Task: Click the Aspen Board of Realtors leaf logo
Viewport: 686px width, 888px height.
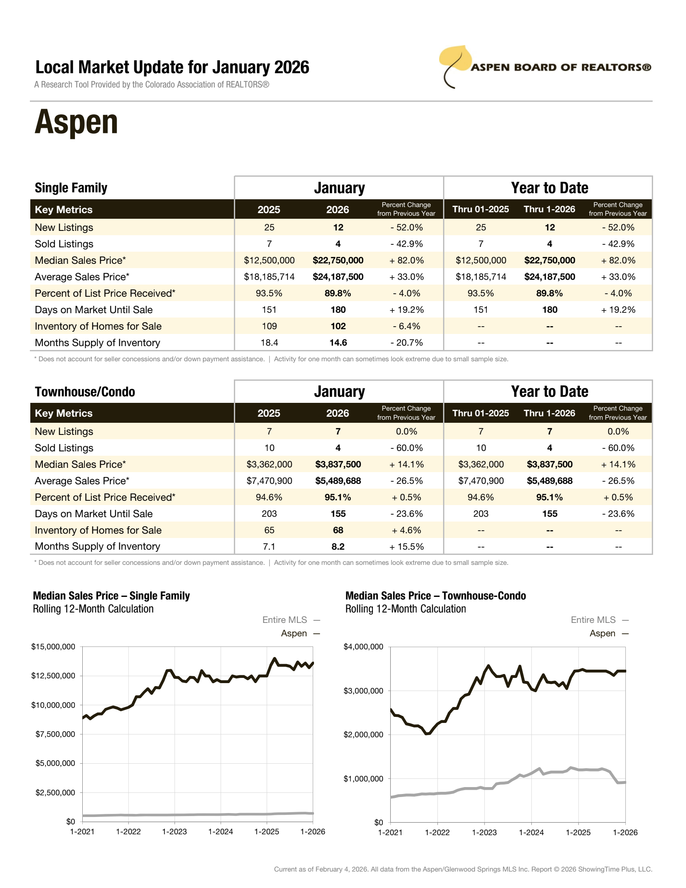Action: (x=455, y=65)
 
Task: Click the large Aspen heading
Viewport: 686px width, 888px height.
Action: (x=76, y=123)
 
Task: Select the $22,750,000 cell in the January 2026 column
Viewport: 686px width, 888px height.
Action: (x=338, y=260)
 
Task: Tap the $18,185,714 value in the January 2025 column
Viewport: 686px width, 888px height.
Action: (x=269, y=277)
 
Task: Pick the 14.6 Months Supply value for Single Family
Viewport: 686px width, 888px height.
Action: (x=338, y=343)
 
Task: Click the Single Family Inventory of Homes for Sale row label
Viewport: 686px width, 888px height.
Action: (x=98, y=326)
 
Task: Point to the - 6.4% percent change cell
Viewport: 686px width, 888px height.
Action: (x=406, y=326)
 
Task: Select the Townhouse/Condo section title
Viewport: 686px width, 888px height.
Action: (x=85, y=392)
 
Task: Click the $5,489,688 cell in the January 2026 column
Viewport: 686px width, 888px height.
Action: (x=338, y=481)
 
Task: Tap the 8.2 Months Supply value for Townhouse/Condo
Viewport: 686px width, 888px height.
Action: (x=338, y=547)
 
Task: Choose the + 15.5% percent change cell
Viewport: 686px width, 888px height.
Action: (x=406, y=547)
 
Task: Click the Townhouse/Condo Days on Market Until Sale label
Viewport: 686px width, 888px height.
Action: (x=94, y=514)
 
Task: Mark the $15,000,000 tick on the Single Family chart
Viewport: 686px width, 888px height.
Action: (x=53, y=647)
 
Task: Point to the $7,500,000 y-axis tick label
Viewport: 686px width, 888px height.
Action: (x=55, y=734)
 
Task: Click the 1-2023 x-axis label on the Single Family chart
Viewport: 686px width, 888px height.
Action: (x=175, y=832)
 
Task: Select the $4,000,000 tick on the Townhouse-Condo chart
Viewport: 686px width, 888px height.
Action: (x=363, y=647)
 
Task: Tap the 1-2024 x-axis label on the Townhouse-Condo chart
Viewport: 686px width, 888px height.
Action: (x=531, y=833)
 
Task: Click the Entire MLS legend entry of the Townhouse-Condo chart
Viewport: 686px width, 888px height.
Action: (x=593, y=620)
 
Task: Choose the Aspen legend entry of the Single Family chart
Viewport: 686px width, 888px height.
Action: (x=294, y=633)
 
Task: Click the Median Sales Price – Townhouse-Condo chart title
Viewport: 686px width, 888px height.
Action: (x=436, y=596)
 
